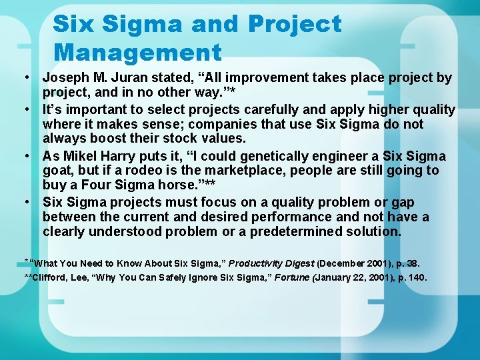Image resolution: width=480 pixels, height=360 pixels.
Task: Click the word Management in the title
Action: point(137,51)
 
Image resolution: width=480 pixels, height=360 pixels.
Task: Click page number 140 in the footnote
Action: point(416,277)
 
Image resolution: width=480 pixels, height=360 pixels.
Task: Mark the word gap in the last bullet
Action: point(401,202)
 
